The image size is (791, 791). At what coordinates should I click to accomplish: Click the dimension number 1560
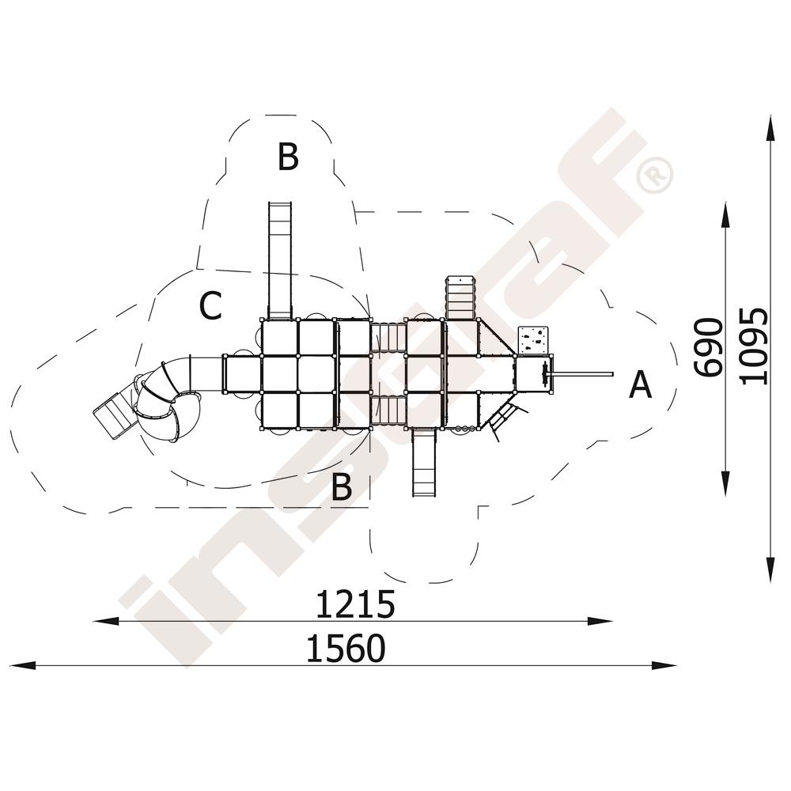[x=346, y=649]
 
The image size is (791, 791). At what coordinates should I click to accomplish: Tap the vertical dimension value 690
[x=708, y=347]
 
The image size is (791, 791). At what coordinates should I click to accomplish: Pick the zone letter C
[x=210, y=305]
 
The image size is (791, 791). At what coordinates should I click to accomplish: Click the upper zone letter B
[x=288, y=157]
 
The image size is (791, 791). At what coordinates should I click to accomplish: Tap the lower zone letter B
[x=342, y=486]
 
